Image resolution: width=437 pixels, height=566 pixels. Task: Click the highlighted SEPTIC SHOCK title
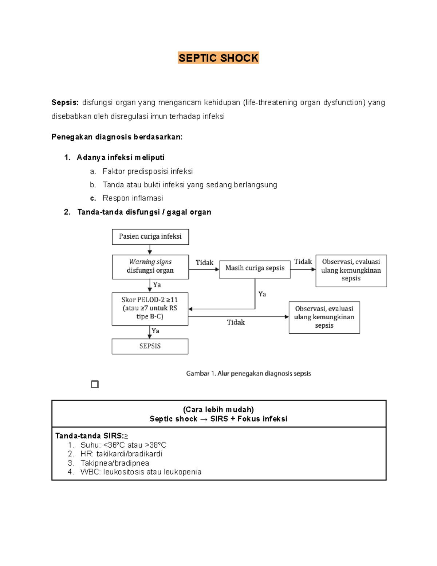tap(218, 58)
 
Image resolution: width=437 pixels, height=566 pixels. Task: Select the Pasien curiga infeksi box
tap(150, 237)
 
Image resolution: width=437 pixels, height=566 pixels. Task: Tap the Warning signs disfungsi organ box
tap(150, 266)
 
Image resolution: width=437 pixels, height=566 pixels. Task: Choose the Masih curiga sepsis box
tap(255, 268)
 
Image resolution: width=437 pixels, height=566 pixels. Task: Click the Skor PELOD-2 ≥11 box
tap(150, 308)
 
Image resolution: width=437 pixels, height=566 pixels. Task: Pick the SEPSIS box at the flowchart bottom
tap(150, 346)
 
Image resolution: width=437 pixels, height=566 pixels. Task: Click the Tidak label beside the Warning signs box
tap(204, 263)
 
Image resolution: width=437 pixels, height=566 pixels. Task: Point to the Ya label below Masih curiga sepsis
tap(262, 294)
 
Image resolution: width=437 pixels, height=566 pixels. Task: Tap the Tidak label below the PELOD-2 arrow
tap(236, 322)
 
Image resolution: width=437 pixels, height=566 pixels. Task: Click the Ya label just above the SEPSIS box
tap(155, 331)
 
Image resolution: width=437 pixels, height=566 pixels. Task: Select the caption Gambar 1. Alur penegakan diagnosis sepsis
tap(248, 374)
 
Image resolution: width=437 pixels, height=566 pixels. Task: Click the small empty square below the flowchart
tap(95, 384)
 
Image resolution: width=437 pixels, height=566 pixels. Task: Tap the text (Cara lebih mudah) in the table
tap(218, 409)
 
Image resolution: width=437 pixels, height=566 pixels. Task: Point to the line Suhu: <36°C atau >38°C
tap(123, 445)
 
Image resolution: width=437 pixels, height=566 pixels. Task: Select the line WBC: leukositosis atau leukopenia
tap(141, 472)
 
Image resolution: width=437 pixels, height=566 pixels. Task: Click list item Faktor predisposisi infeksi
tap(147, 171)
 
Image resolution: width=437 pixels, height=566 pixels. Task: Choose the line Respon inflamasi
tap(133, 198)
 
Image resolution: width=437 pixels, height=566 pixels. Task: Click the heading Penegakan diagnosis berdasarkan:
tap(117, 137)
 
